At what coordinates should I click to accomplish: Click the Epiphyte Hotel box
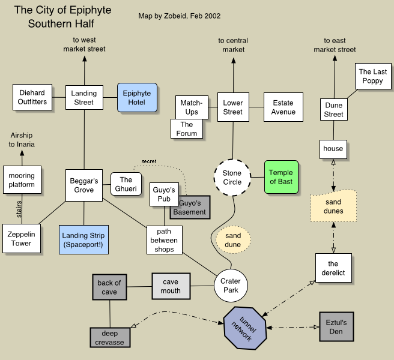pyautogui.click(x=137, y=98)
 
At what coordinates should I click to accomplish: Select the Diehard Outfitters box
pyautogui.click(x=32, y=98)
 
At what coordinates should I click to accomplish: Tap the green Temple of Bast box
pyautogui.click(x=281, y=177)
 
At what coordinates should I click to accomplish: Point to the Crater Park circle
pyautogui.click(x=231, y=286)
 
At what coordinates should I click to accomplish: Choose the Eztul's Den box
pyautogui.click(x=336, y=327)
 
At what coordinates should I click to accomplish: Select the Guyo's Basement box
pyautogui.click(x=189, y=208)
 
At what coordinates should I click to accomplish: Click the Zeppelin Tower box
pyautogui.click(x=22, y=239)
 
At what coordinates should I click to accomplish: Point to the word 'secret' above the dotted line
pyautogui.click(x=148, y=161)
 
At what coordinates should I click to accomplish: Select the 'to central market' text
pyautogui.click(x=233, y=45)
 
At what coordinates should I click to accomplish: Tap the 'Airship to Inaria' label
pyautogui.click(x=22, y=140)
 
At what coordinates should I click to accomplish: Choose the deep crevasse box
pyautogui.click(x=109, y=338)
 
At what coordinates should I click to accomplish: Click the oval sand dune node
pyautogui.click(x=233, y=240)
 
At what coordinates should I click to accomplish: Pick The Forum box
pyautogui.click(x=187, y=129)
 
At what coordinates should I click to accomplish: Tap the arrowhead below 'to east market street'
pyautogui.click(x=335, y=58)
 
